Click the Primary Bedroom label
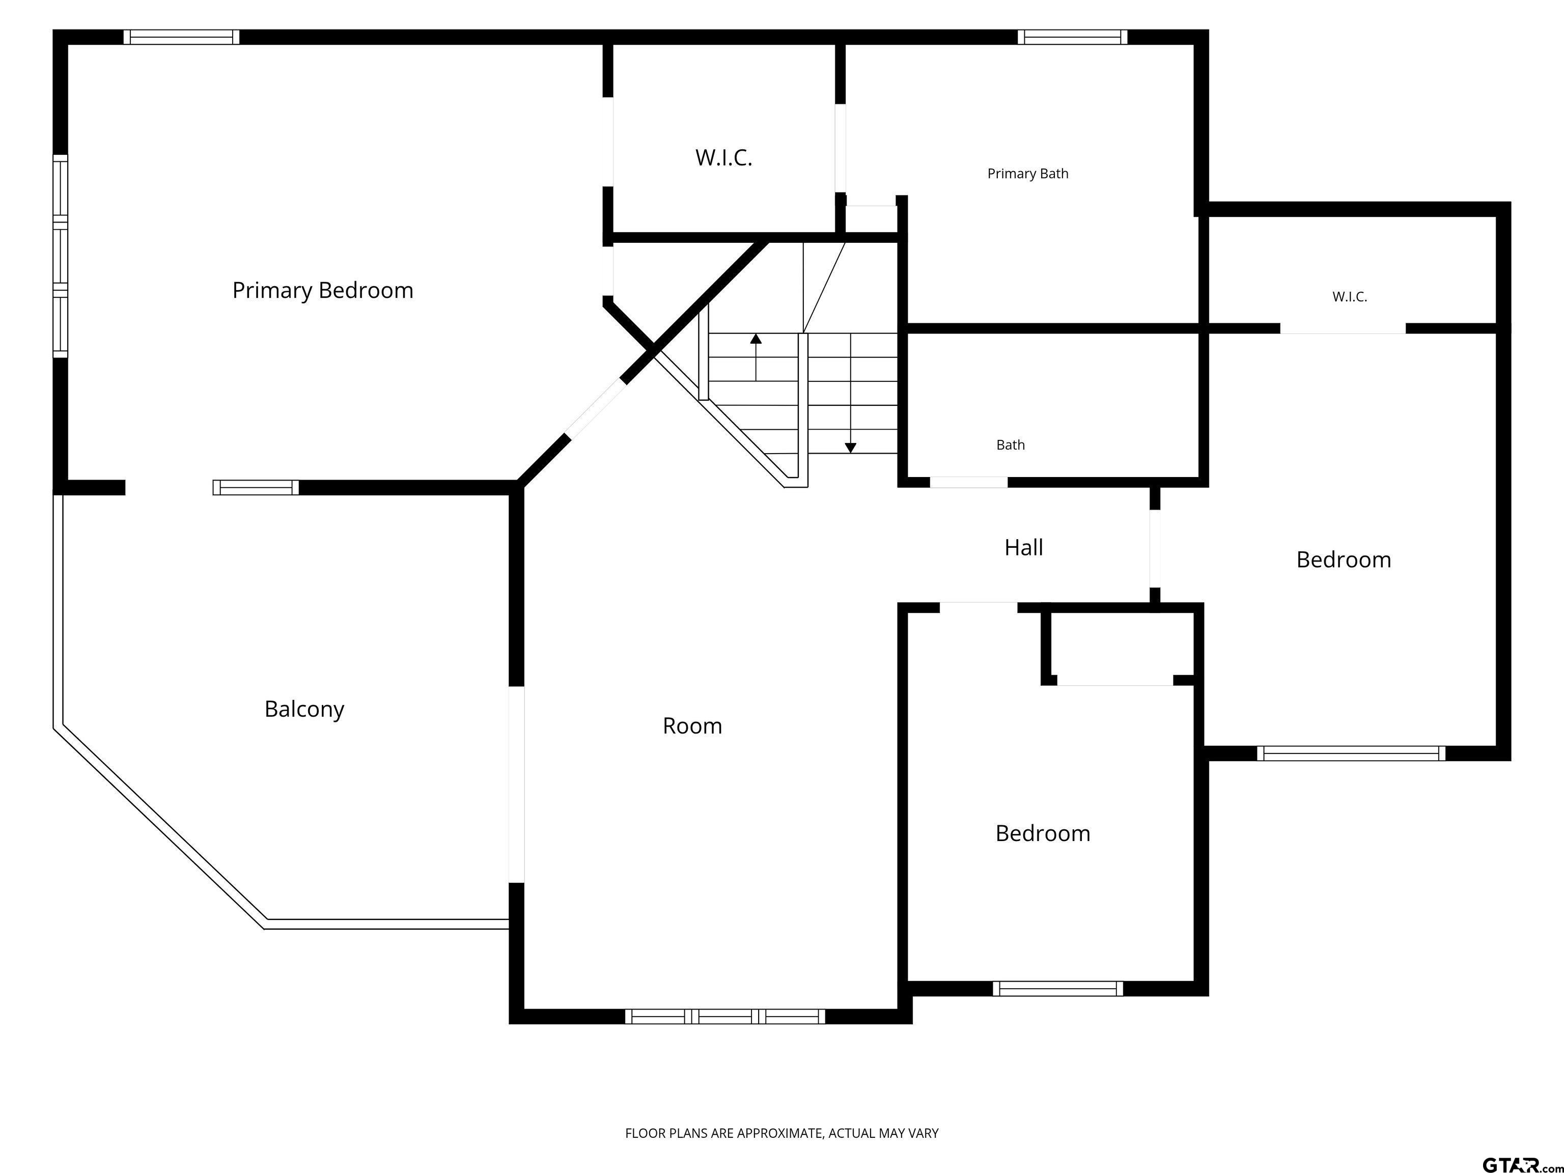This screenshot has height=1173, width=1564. point(322,291)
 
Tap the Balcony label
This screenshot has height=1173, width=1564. point(304,709)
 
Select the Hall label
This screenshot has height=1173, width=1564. point(1023,547)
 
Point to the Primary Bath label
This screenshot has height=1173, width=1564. point(1027,174)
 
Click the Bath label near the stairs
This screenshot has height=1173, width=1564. point(1011,445)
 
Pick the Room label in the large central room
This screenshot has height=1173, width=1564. point(692,726)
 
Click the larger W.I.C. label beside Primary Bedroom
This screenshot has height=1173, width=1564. point(723,158)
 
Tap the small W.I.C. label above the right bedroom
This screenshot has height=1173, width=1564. point(1350,297)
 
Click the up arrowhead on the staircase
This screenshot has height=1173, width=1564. point(756,339)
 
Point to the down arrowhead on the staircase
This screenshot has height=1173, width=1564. point(851,448)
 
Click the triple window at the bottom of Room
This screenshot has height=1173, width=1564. point(725,1017)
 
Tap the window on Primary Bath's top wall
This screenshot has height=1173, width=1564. point(1073,37)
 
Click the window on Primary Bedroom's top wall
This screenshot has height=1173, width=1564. point(182,37)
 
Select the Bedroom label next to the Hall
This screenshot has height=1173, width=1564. point(1344,560)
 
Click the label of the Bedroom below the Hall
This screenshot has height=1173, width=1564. point(1043,833)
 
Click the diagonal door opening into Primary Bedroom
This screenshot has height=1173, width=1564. point(596,409)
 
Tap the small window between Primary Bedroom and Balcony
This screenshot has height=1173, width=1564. point(256,487)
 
